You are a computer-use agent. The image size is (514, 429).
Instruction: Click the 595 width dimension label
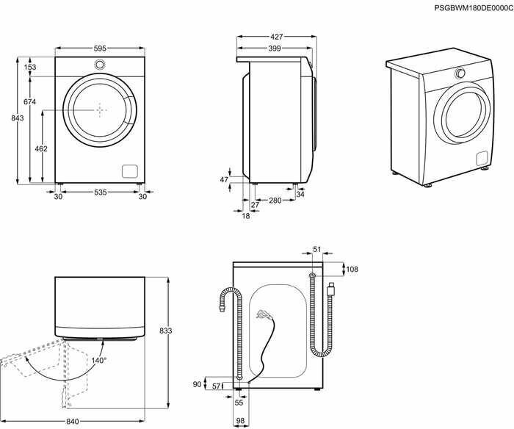tap(100, 48)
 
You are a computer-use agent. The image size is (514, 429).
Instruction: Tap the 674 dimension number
tap(30, 101)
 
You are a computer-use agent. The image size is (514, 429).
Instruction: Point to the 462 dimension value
tap(42, 148)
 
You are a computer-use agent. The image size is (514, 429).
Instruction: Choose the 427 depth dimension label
tap(276, 36)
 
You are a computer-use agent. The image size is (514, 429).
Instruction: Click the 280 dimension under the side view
tap(275, 201)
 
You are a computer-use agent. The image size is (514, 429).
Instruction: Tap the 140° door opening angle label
tap(99, 360)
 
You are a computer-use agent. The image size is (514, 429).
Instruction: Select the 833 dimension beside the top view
tap(166, 331)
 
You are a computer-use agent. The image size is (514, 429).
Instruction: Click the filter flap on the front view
tap(130, 170)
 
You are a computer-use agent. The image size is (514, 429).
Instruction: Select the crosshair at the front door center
tap(100, 109)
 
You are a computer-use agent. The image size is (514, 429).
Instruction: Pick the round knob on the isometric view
tap(460, 73)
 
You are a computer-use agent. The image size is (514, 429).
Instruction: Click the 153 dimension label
tap(30, 68)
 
